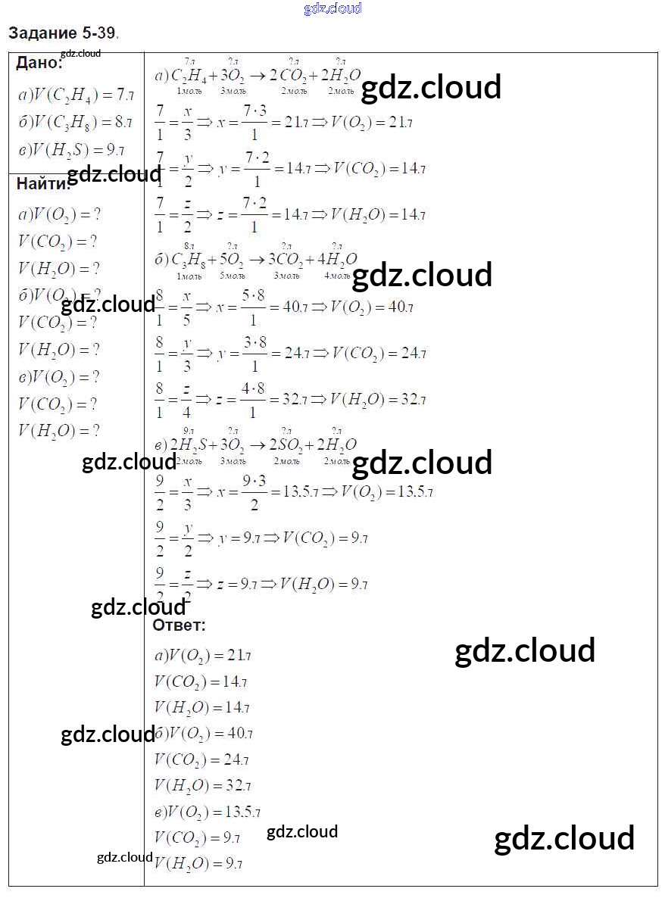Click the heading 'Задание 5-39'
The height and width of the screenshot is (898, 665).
coord(63,33)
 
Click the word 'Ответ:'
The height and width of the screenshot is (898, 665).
coord(179,625)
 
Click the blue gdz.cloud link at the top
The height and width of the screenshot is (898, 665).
coord(332,8)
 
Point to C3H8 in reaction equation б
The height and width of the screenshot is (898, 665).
coord(188,260)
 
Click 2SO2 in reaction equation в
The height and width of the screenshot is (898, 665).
coord(286,445)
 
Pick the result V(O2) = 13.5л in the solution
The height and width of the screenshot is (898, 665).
coord(386,491)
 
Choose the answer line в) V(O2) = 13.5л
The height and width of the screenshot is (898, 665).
coord(207,812)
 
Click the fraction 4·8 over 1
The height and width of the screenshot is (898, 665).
coord(253,401)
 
